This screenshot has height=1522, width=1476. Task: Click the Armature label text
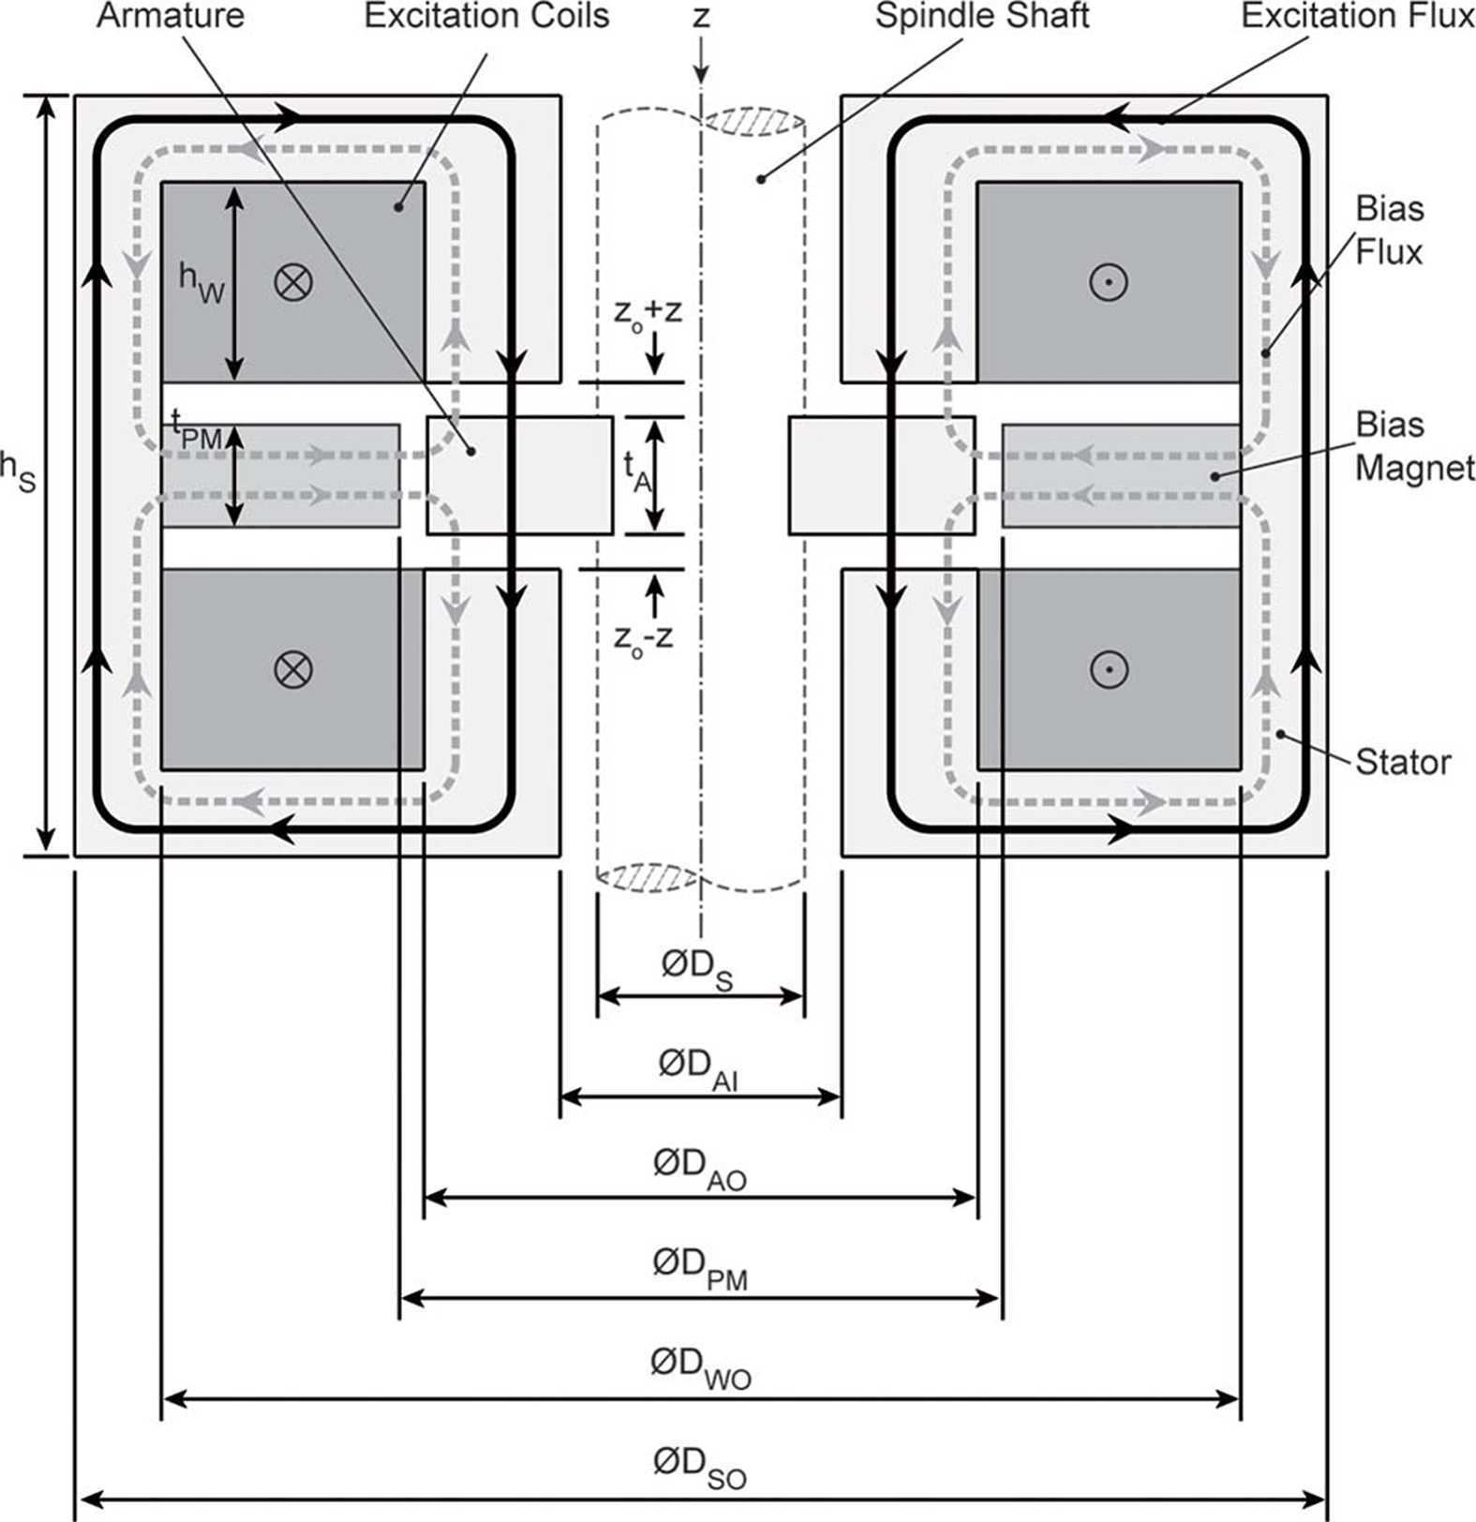click(171, 16)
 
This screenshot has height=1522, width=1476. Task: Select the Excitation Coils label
click(486, 16)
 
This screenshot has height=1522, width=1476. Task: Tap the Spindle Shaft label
click(982, 17)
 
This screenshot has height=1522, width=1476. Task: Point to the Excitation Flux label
click(1358, 16)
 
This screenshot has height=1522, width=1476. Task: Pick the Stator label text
click(1403, 762)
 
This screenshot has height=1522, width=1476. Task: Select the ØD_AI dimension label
click(698, 1069)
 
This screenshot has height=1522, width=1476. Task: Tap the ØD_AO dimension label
click(700, 1169)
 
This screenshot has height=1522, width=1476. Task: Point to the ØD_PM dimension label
click(700, 1269)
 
